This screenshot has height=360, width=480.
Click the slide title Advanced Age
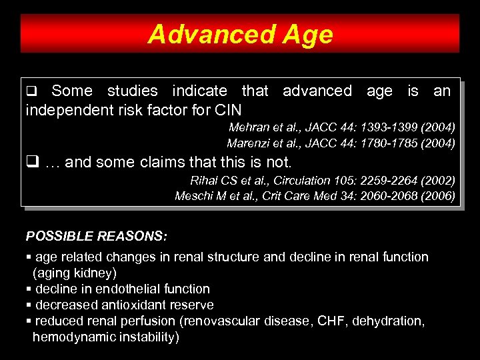pos(240,34)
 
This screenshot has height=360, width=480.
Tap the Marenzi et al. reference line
pos(341,143)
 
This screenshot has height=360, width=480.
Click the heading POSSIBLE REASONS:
pos(97,236)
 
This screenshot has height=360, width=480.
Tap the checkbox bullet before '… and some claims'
pos(31,162)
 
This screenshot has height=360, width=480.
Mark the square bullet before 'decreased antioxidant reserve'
pos(29,305)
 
